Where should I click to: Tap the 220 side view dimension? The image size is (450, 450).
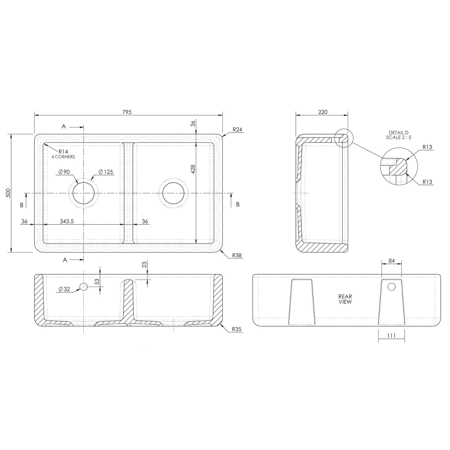(322, 112)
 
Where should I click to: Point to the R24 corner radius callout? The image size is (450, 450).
(237, 130)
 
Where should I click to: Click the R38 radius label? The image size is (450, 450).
(237, 255)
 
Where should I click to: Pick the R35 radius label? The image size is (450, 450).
(237, 329)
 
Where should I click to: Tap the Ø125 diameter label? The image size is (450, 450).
(106, 172)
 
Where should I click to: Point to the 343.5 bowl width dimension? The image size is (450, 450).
(67, 221)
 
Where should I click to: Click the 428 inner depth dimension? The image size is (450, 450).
(192, 169)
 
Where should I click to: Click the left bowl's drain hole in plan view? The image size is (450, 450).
(84, 193)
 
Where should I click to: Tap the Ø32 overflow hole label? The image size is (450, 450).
(64, 289)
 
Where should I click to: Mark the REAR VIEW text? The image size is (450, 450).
(345, 299)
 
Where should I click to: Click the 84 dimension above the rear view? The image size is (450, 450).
(391, 261)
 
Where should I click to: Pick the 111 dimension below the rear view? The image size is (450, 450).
(391, 336)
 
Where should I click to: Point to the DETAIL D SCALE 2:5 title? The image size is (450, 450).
(398, 135)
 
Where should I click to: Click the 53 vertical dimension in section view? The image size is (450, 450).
(97, 282)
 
